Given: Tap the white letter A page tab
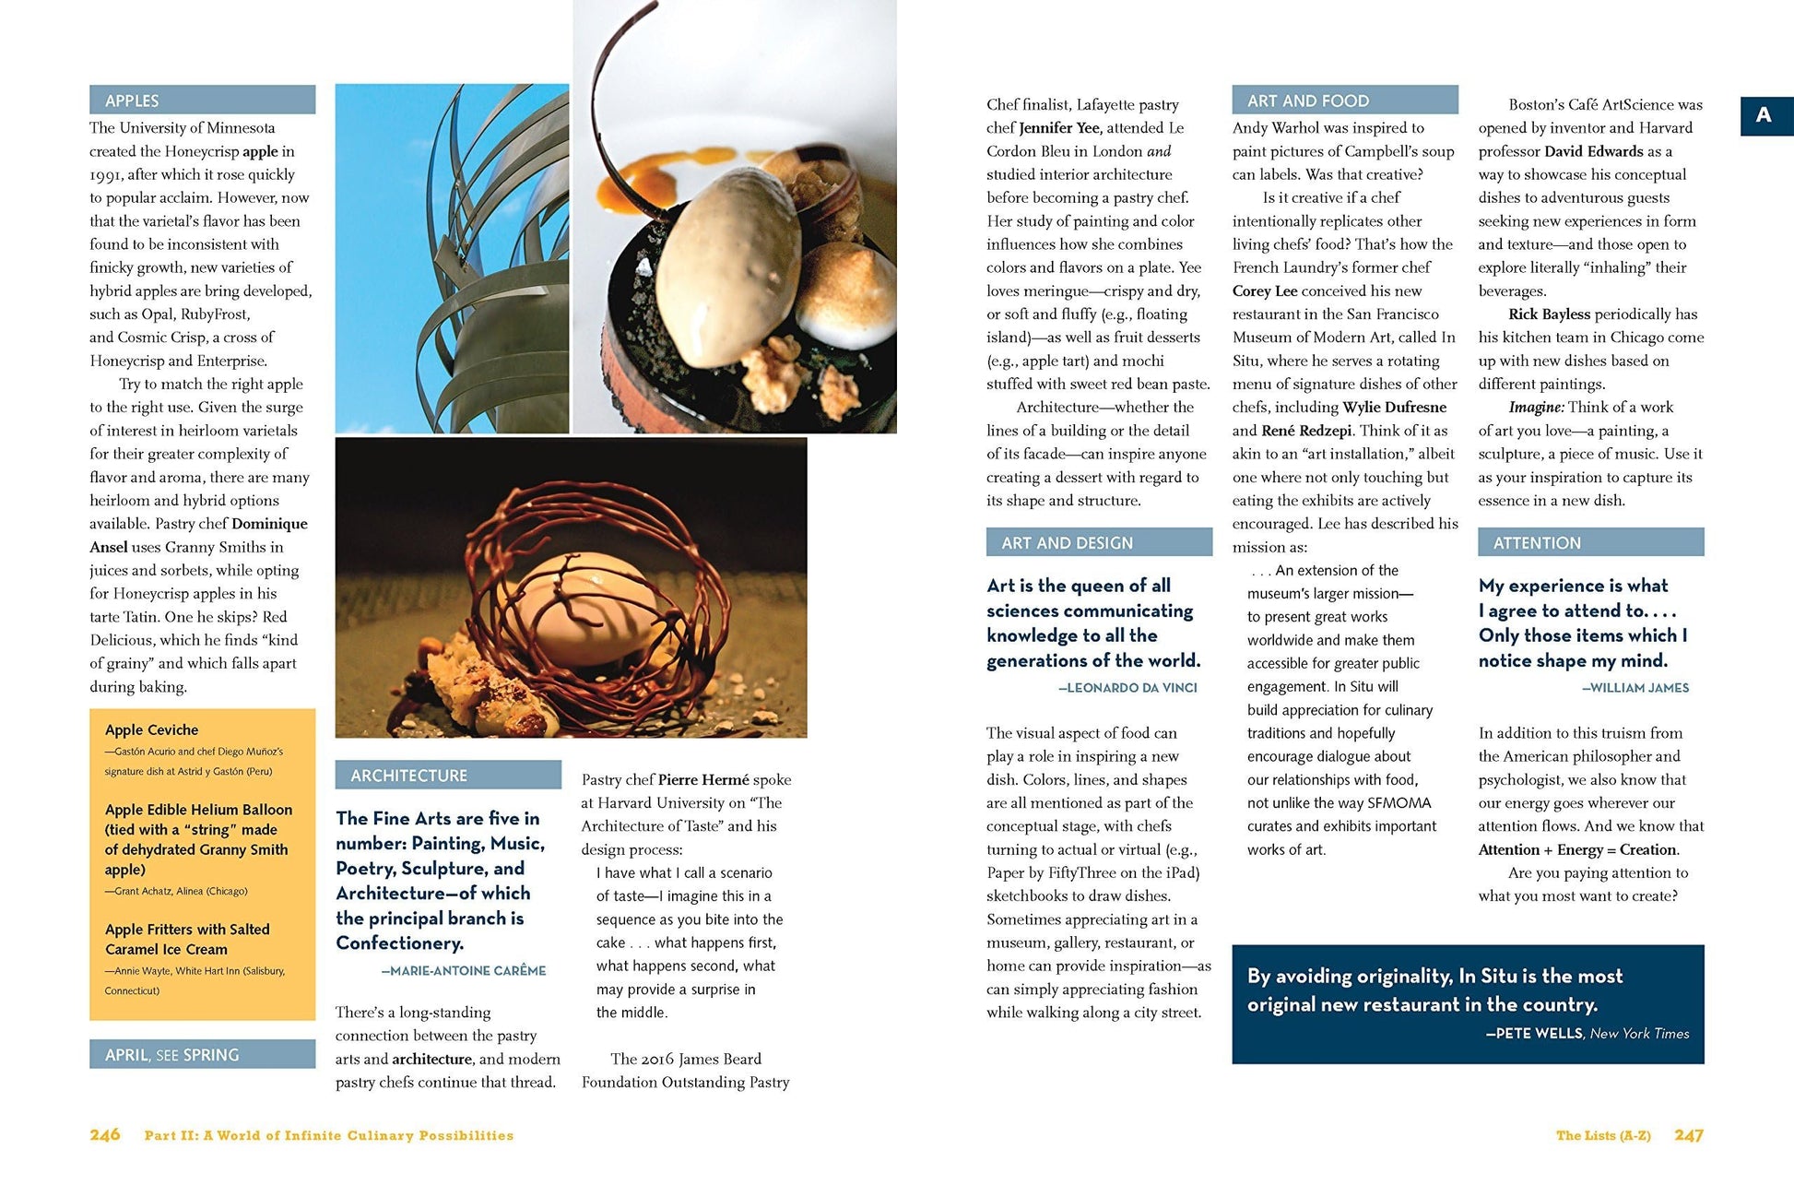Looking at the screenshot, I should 1764,115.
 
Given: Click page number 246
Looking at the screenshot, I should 105,1135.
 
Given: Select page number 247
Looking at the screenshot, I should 1689,1135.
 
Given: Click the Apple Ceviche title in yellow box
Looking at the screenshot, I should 151,729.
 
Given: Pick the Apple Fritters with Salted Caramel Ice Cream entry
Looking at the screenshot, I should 187,939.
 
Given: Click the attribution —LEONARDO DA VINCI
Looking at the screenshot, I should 1127,688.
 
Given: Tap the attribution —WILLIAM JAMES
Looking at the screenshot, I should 1635,688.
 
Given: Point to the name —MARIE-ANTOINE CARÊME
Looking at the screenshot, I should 464,970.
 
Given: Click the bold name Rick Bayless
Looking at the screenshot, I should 1549,314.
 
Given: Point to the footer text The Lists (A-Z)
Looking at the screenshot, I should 1603,1135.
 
